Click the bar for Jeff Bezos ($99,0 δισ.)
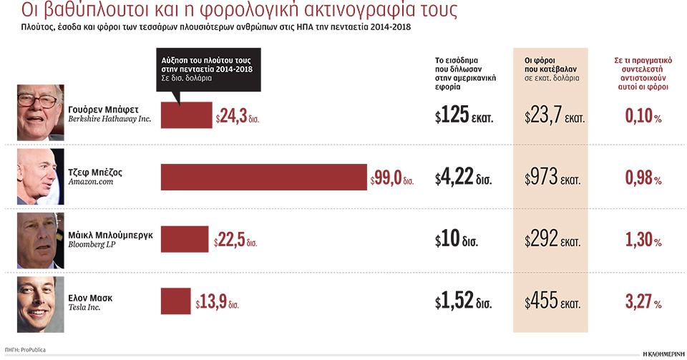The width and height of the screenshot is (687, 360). click(263, 177)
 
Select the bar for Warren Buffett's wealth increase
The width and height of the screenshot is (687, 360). click(186, 115)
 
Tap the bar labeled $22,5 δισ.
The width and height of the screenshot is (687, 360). click(185, 240)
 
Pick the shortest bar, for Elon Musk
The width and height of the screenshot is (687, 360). click(175, 301)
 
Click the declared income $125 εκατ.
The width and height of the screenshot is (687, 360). click(464, 116)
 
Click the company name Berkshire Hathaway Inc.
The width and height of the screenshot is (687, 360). click(109, 120)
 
